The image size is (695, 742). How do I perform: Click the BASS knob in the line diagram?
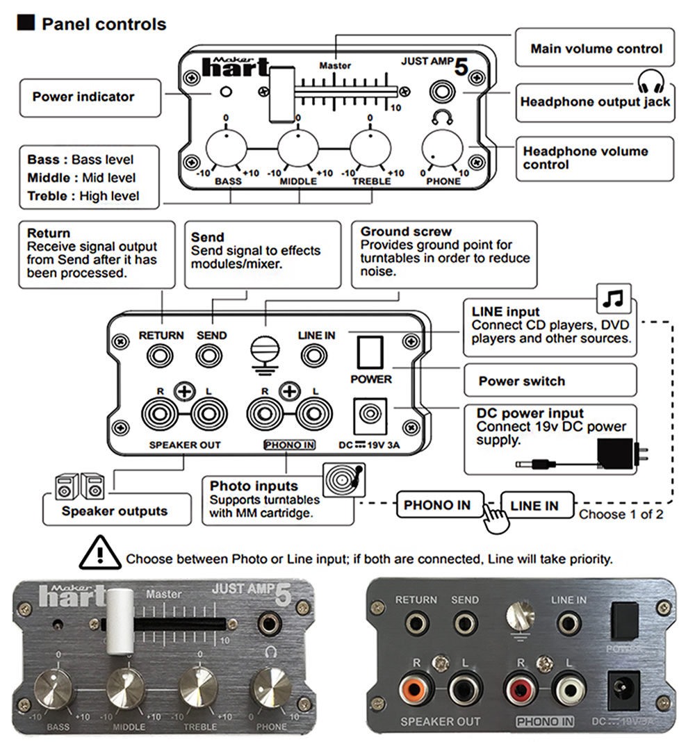click(x=227, y=148)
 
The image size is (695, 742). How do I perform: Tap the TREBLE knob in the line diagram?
click(x=370, y=148)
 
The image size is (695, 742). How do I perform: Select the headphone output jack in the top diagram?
click(x=442, y=91)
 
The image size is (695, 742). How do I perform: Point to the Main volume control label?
click(x=596, y=49)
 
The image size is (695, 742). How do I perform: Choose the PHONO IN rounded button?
click(x=437, y=505)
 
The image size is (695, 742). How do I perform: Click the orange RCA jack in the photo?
click(x=414, y=689)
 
